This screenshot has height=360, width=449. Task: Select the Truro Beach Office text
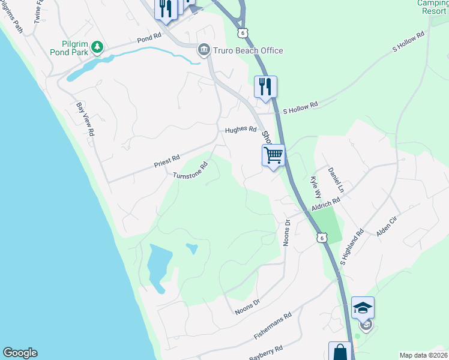point(248,50)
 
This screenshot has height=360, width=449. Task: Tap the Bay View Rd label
point(86,118)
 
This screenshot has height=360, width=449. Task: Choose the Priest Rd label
point(167,160)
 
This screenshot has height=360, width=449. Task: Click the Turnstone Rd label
point(190,170)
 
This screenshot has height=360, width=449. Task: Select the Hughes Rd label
point(241,130)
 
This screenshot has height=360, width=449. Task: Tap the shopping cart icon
point(273,155)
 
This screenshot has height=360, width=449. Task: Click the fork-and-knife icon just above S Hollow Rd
point(265,86)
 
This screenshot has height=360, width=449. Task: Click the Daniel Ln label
point(336,179)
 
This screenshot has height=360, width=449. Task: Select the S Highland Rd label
point(352,247)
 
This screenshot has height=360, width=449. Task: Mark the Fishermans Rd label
point(271,323)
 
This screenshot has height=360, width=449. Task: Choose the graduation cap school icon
point(363,308)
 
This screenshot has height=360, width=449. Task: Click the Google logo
point(20,353)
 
